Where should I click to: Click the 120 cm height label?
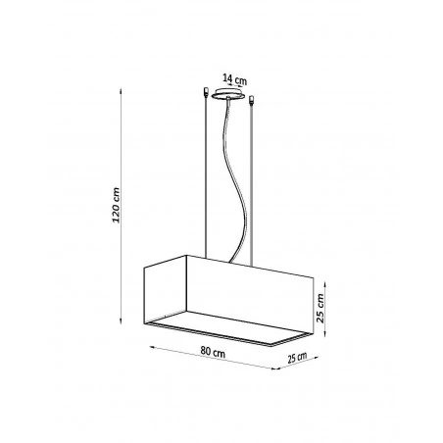click(116, 205)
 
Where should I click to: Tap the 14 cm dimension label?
click(234, 79)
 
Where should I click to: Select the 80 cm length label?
click(213, 352)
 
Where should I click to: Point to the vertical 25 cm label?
click(320, 308)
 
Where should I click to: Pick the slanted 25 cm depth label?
click(297, 358)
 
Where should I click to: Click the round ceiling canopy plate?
click(228, 94)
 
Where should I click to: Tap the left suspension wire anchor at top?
click(206, 92)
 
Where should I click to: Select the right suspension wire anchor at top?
click(251, 100)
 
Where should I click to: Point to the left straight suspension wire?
click(206, 177)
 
